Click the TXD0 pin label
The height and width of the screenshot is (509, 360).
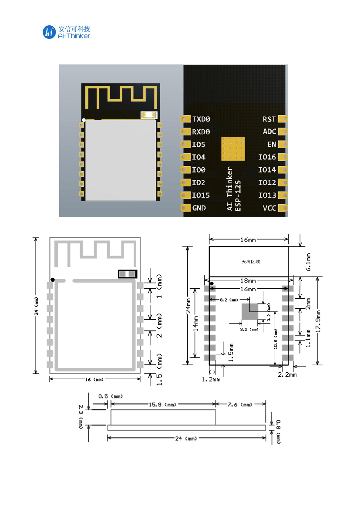click(x=201, y=119)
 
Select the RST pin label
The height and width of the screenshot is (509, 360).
click(x=269, y=119)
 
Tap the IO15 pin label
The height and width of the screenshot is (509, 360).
click(x=201, y=196)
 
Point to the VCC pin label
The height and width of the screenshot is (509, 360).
click(x=269, y=208)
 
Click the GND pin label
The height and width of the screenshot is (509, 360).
click(x=199, y=208)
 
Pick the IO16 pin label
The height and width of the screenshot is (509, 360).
click(x=267, y=157)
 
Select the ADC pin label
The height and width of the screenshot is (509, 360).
click(x=269, y=131)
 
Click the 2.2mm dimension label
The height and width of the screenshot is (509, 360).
click(x=287, y=374)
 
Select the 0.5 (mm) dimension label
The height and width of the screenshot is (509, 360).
click(x=110, y=397)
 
